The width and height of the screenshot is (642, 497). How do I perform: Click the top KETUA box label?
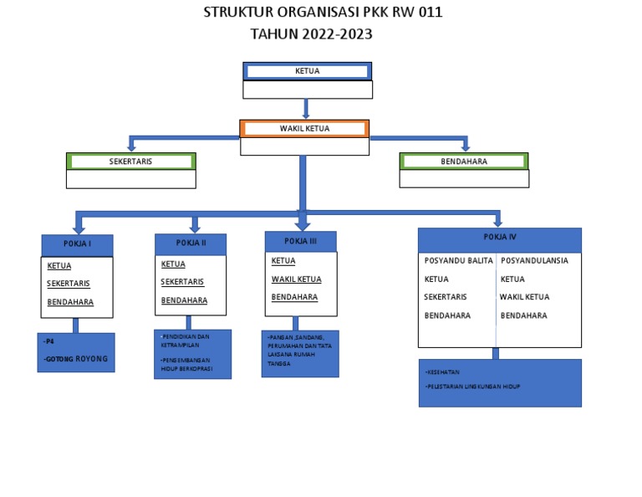coord(307,71)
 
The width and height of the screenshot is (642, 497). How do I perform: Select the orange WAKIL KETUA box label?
coord(304,129)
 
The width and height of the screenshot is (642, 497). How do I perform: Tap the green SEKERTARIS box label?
coord(130,161)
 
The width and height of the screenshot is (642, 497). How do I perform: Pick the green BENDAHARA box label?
coord(464,161)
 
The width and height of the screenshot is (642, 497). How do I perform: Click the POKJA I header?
coord(77,244)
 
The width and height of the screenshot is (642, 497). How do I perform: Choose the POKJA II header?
coord(191,243)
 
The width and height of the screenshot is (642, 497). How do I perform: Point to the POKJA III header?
coord(300,241)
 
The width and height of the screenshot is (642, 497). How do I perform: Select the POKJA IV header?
coord(500,238)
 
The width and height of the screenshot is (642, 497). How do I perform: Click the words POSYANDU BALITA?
coord(458,260)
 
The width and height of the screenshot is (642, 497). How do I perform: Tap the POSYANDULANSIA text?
coord(534,260)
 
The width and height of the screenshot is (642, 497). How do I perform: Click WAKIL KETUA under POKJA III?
coord(296,279)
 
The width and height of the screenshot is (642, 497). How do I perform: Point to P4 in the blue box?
coord(50,342)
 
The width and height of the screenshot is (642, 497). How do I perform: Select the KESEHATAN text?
coord(442,372)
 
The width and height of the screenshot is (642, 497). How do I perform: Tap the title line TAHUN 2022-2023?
coord(311,34)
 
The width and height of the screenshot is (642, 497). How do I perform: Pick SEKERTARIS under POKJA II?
coord(182,282)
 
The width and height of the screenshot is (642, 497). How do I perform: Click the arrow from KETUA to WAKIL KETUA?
coord(307,109)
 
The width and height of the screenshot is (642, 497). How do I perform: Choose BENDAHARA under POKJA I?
coord(70,302)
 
